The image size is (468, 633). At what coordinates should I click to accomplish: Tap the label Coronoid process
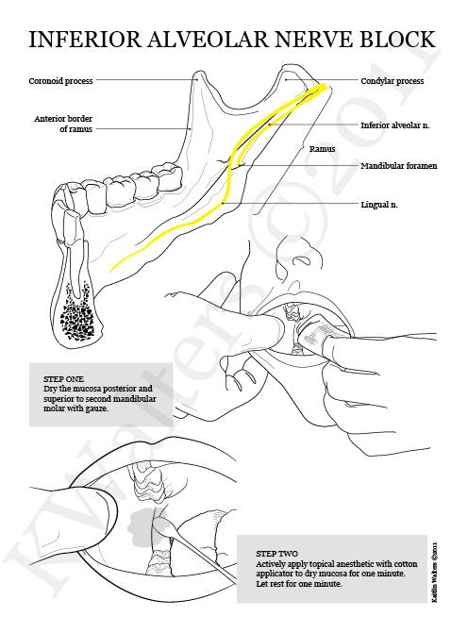point(60,81)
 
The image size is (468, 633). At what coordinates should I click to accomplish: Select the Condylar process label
point(393,81)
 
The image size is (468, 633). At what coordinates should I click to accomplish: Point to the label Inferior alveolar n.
point(395,125)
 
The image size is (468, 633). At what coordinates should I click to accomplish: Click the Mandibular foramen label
point(398,166)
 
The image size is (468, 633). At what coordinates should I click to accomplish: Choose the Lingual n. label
point(379,205)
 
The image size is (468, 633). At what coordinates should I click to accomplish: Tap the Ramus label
point(323,149)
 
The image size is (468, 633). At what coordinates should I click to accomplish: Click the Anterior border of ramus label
point(63,124)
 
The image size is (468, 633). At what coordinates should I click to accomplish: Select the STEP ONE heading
point(64,379)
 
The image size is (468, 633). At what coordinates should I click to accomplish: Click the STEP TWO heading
point(276,554)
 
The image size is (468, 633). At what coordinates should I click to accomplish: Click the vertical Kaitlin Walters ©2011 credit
point(434,572)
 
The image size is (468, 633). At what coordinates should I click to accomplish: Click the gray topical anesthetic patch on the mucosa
point(141,521)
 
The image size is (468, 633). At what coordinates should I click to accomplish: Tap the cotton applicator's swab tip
point(162,527)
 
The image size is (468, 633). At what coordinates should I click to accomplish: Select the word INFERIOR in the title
point(85,40)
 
